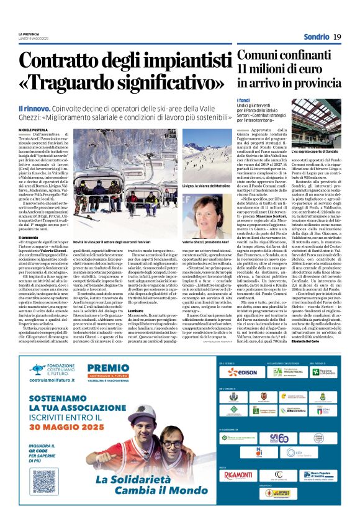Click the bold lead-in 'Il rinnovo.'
tap(33, 109)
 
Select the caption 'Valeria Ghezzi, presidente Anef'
tap(205, 241)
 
